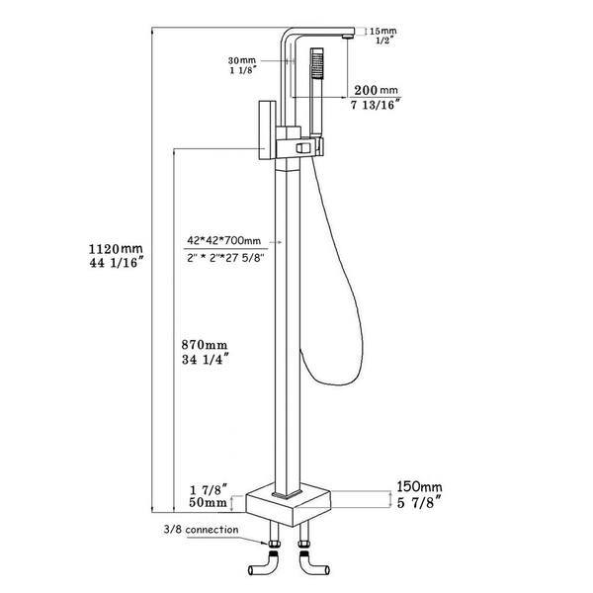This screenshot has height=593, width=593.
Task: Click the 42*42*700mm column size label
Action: point(223,240)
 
